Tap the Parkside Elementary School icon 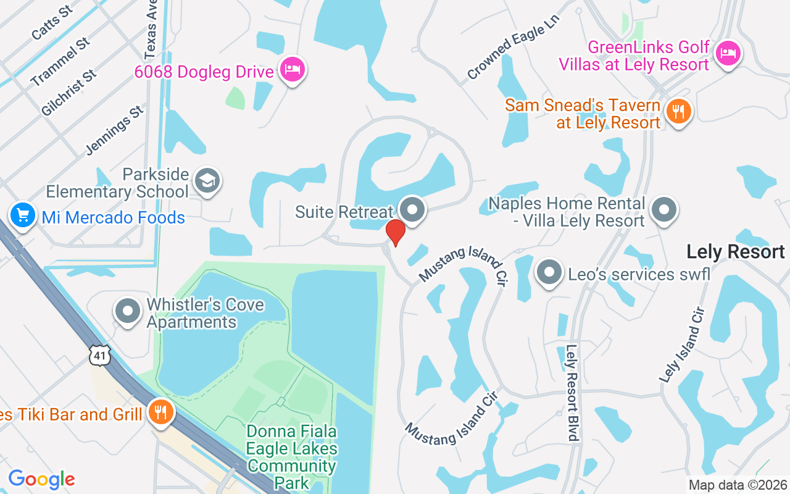pos(207,180)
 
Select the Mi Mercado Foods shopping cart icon pos(23,216)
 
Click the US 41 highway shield pos(100,354)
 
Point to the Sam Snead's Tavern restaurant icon pos(678,112)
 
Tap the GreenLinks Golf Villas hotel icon pos(728,53)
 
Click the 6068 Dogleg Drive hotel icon pos(291,69)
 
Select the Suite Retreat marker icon pos(412,209)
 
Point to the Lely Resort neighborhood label pos(736,252)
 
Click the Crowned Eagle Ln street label pos(512,57)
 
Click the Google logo pos(42,479)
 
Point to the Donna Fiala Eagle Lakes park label pos(292,457)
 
